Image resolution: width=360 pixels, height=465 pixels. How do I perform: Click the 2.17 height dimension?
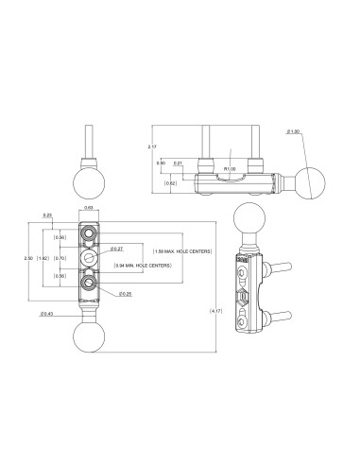(151, 147)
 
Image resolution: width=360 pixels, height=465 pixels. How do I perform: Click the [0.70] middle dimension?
(60, 257)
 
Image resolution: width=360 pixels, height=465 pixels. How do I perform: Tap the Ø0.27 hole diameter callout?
(117, 250)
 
